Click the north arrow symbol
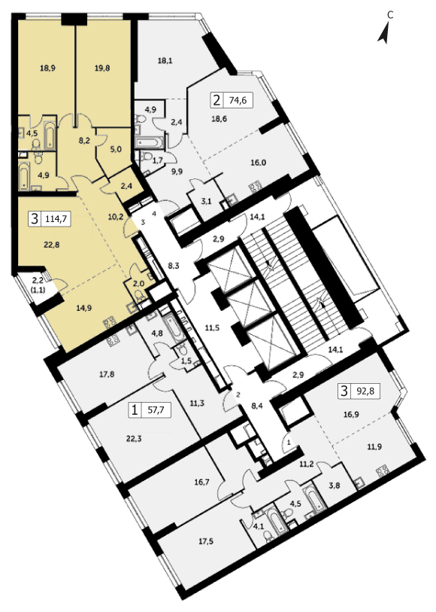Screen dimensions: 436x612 click(384, 33)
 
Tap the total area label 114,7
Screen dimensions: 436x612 click(57, 218)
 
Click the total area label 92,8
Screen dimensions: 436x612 click(365, 391)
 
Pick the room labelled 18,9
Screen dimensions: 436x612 click(47, 68)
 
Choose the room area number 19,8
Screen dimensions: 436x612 click(101, 68)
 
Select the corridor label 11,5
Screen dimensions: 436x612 click(212, 328)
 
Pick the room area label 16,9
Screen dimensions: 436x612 click(351, 415)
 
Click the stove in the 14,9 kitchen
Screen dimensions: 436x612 click(109, 322)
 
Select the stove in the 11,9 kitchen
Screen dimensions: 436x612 click(383, 471)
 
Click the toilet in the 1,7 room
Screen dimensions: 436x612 click(147, 157)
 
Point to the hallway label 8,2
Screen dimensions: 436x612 click(84, 141)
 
